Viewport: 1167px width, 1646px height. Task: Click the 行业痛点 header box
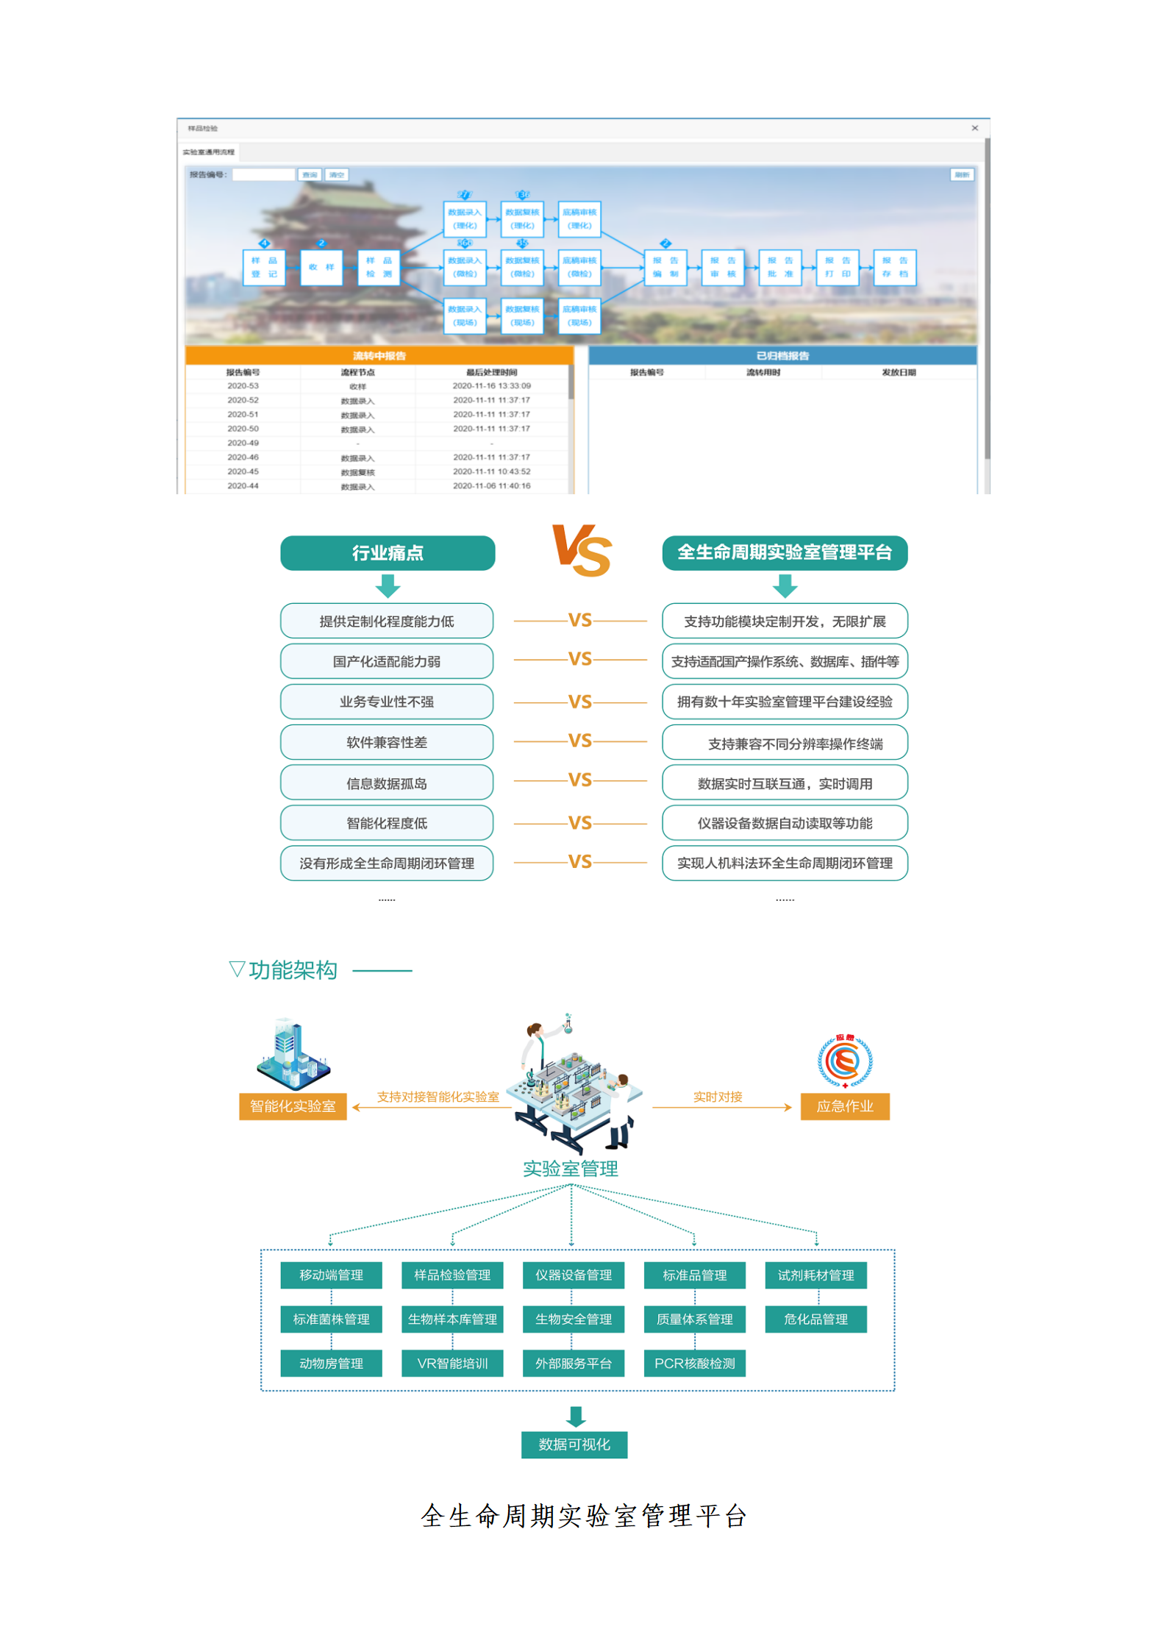click(x=388, y=553)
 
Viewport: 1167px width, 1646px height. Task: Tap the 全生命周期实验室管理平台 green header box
click(x=784, y=553)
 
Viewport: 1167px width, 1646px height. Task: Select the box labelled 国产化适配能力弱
click(x=387, y=661)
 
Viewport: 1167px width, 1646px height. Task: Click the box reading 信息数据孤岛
click(x=387, y=783)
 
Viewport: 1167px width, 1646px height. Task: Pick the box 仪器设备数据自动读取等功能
click(x=784, y=823)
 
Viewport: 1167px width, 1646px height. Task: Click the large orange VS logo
click(x=582, y=550)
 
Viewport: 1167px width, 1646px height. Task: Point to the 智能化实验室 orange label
click(x=293, y=1106)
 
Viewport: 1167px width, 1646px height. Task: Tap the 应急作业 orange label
click(x=844, y=1106)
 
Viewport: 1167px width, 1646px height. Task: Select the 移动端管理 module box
click(x=331, y=1275)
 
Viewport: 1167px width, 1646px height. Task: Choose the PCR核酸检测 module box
click(x=694, y=1364)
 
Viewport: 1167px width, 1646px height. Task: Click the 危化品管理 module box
click(x=816, y=1319)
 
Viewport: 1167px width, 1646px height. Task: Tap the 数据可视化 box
click(x=574, y=1444)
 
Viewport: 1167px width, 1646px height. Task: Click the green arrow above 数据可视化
click(x=576, y=1417)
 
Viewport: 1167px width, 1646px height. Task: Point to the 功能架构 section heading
click(x=292, y=970)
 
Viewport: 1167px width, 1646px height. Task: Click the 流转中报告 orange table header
click(x=379, y=356)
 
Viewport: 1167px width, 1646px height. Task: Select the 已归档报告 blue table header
click(x=782, y=356)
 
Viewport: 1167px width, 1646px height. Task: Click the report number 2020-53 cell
click(x=243, y=386)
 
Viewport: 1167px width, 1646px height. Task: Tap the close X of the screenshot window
click(x=975, y=128)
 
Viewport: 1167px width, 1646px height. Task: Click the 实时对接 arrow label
click(x=718, y=1097)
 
